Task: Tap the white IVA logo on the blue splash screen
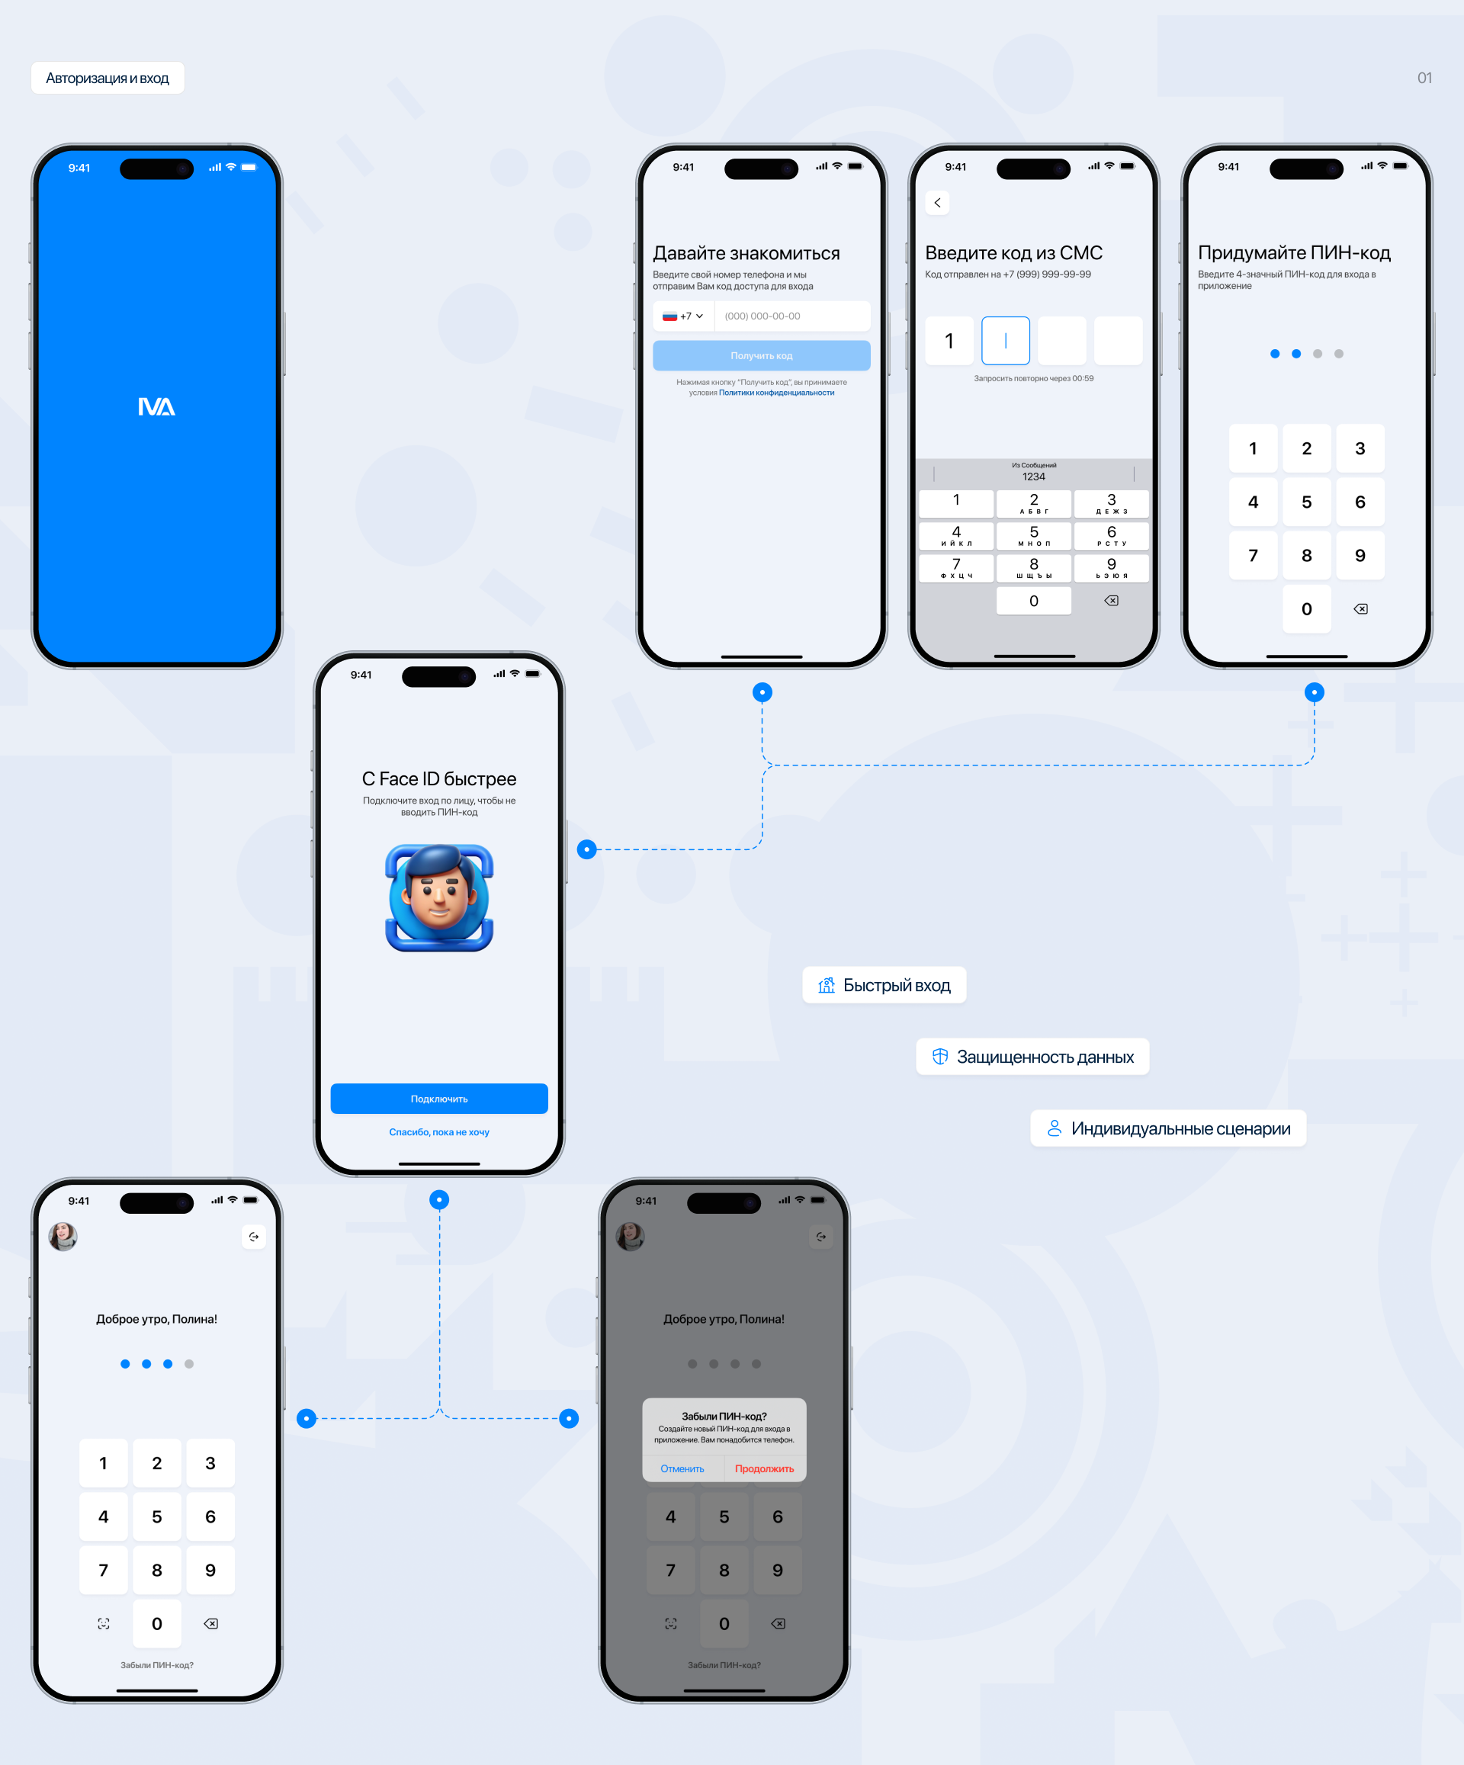[x=156, y=407]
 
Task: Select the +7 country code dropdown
[x=682, y=316]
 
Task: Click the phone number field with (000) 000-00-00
[x=790, y=316]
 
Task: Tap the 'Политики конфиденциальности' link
[x=775, y=393]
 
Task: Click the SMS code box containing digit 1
[x=949, y=340]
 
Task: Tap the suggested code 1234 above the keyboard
[x=1033, y=476]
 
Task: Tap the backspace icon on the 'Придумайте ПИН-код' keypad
[x=1360, y=608]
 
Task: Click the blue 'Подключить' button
[x=438, y=1099]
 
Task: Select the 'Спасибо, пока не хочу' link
[x=438, y=1132]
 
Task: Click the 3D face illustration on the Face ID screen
[x=438, y=897]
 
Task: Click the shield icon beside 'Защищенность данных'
[x=939, y=1057]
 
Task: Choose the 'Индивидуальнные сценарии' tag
[x=1167, y=1128]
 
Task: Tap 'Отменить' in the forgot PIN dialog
[x=682, y=1468]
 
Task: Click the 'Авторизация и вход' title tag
[x=108, y=79]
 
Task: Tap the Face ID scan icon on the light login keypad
[x=104, y=1623]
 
